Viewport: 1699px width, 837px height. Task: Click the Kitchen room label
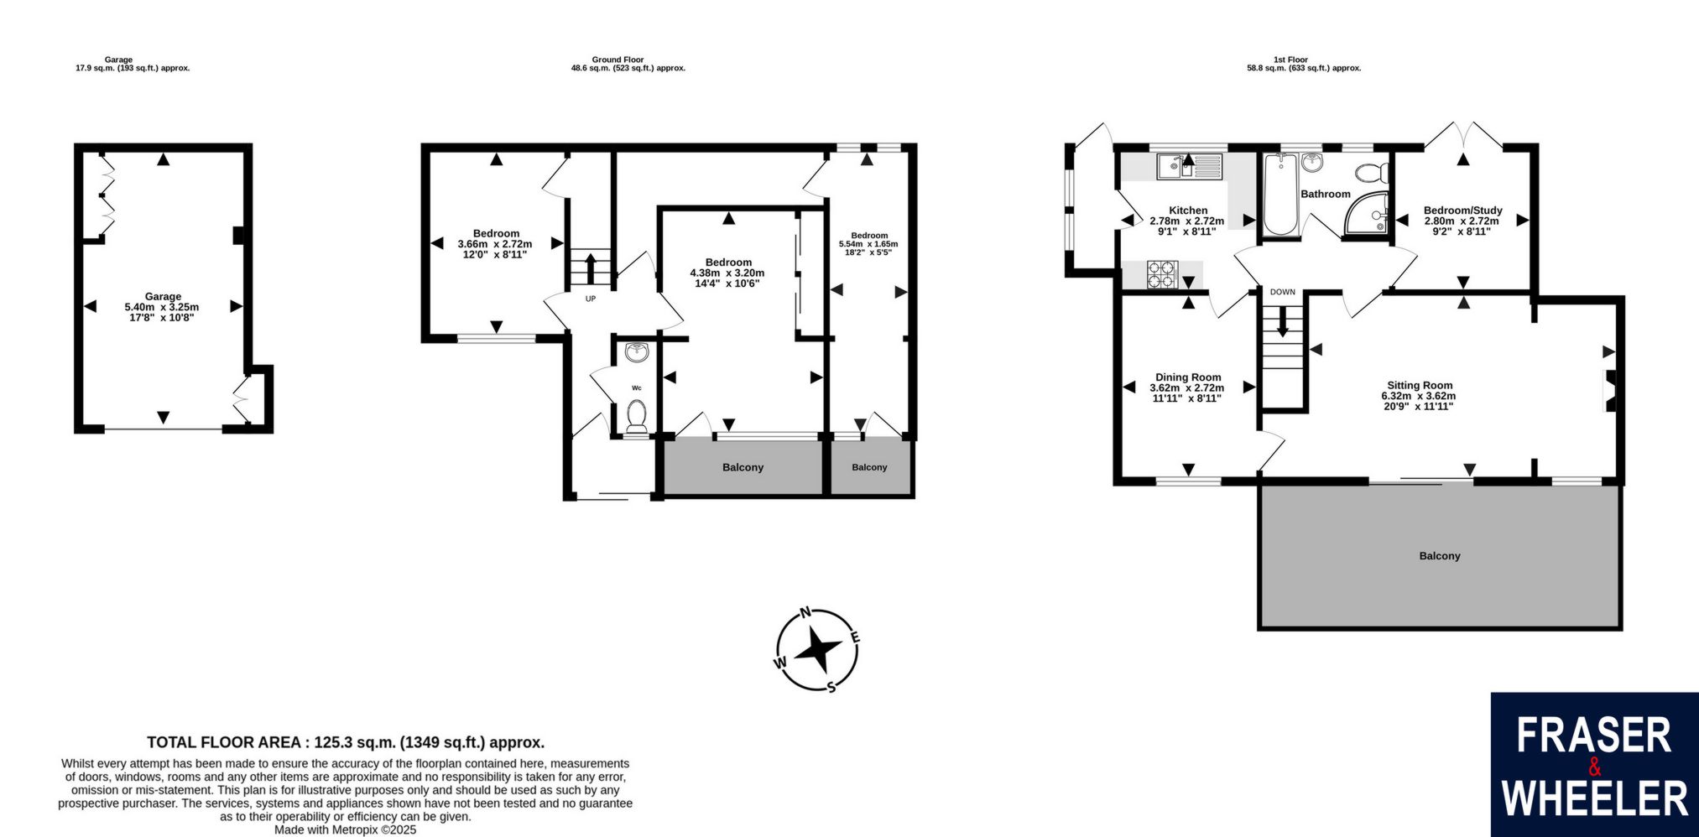tap(1188, 211)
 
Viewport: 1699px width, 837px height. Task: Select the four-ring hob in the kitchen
tap(1163, 274)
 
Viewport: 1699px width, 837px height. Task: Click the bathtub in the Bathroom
tap(1280, 195)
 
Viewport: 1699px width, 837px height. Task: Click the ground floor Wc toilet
tap(637, 416)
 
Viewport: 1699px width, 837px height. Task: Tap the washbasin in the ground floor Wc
tap(637, 352)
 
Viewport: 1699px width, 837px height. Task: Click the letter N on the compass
tap(805, 612)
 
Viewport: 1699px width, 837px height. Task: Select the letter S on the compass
tap(831, 688)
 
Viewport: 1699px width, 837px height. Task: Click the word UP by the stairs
tap(591, 299)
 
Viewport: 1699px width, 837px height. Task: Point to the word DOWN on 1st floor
tap(1282, 292)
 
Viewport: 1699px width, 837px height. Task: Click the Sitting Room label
tap(1420, 386)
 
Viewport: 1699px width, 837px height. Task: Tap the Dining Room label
tap(1188, 377)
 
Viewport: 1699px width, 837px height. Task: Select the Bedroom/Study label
tap(1463, 211)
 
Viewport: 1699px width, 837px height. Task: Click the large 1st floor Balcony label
tap(1440, 556)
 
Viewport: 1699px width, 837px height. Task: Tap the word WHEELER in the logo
tap(1594, 798)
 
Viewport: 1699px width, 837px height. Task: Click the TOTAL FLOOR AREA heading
tap(346, 742)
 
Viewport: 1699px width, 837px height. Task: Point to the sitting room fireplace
tap(1610, 391)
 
